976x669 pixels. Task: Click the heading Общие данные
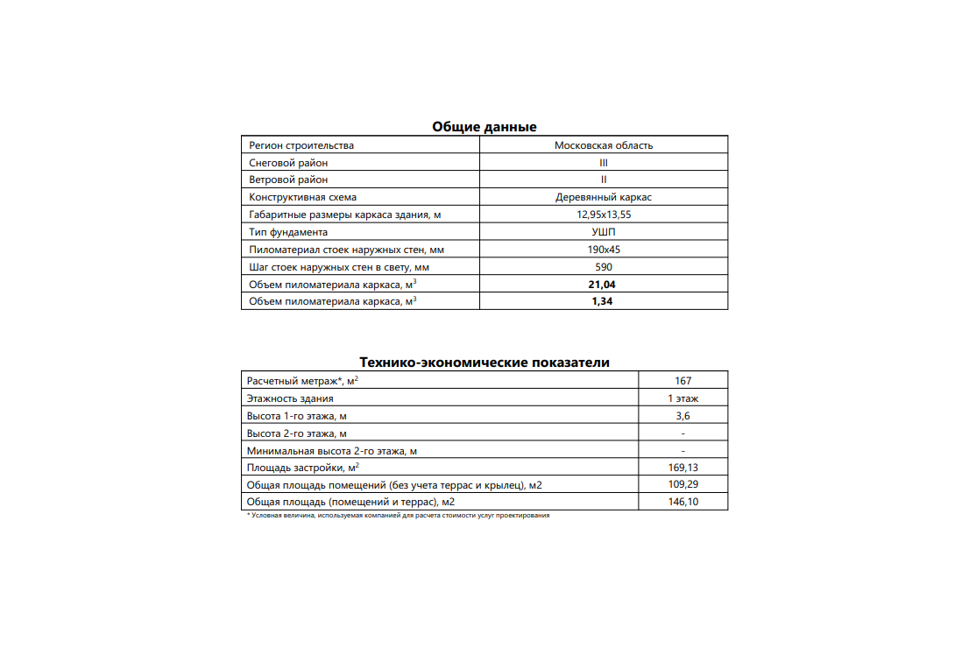pyautogui.click(x=484, y=127)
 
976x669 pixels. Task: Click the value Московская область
pyautogui.click(x=603, y=145)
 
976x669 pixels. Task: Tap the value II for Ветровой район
pyautogui.click(x=603, y=180)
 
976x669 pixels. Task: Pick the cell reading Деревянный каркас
pyautogui.click(x=603, y=197)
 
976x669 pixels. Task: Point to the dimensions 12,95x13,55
pyautogui.click(x=603, y=215)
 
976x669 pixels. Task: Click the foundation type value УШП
pyautogui.click(x=603, y=232)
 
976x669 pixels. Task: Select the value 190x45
pyautogui.click(x=603, y=250)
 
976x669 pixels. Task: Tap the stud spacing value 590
pyautogui.click(x=603, y=267)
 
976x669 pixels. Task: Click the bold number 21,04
pyautogui.click(x=603, y=285)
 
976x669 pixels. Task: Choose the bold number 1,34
pyautogui.click(x=603, y=301)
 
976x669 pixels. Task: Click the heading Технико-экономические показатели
pyautogui.click(x=484, y=363)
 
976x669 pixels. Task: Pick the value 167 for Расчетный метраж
pyautogui.click(x=683, y=381)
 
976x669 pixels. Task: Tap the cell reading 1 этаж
pyautogui.click(x=683, y=398)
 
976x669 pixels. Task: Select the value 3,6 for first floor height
pyautogui.click(x=683, y=416)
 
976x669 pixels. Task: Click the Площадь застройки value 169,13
pyautogui.click(x=683, y=468)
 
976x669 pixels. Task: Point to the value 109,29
pyautogui.click(x=683, y=484)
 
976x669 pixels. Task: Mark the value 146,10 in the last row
pyautogui.click(x=683, y=502)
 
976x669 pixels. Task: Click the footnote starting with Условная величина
pyautogui.click(x=398, y=516)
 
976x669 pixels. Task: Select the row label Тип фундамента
pyautogui.click(x=288, y=232)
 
